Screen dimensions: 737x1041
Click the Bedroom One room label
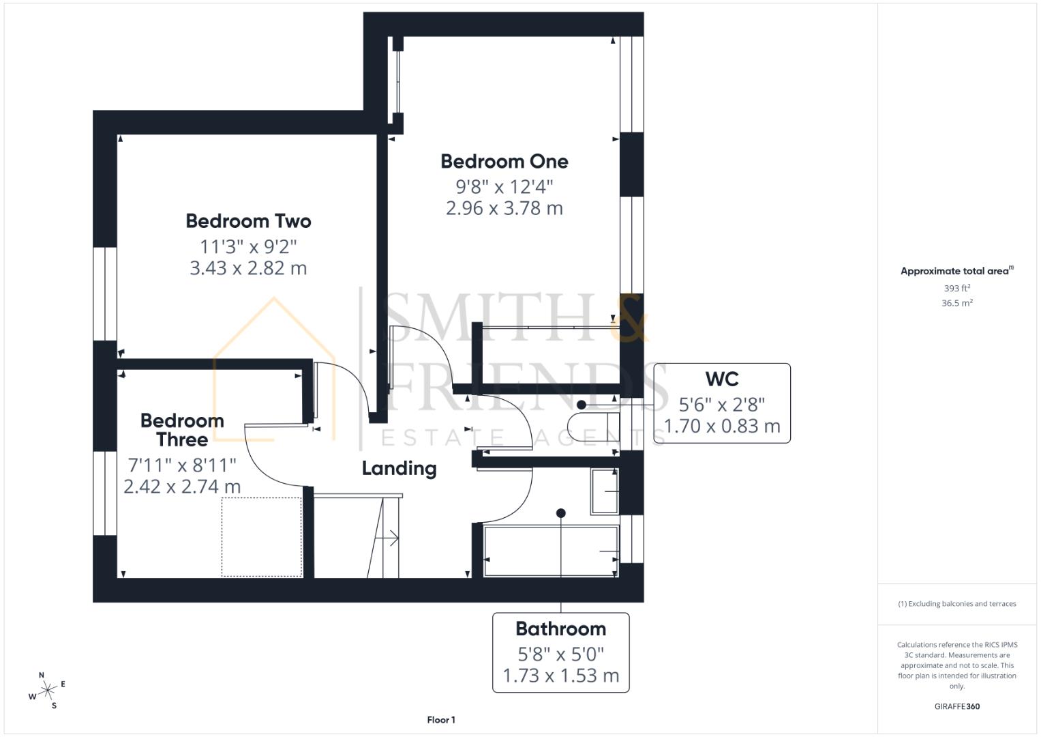point(504,162)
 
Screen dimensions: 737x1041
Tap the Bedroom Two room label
point(248,221)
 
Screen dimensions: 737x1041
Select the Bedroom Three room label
point(182,430)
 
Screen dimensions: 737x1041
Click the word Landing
point(399,468)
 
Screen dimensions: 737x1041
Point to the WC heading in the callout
point(722,379)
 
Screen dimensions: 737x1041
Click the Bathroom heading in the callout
point(560,628)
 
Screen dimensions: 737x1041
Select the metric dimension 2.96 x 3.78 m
point(504,208)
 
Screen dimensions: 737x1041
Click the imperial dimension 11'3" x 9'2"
point(248,246)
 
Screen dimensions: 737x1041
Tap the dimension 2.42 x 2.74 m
point(182,487)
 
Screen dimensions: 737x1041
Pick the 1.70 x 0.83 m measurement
point(722,427)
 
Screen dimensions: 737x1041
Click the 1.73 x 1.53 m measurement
point(560,676)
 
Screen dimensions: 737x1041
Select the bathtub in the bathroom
point(551,551)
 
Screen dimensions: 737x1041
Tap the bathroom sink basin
point(604,491)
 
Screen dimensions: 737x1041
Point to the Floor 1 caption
point(441,720)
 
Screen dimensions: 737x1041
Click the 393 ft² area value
point(956,289)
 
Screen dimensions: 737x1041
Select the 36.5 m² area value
point(956,303)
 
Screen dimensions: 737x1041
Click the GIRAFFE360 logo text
point(956,706)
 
